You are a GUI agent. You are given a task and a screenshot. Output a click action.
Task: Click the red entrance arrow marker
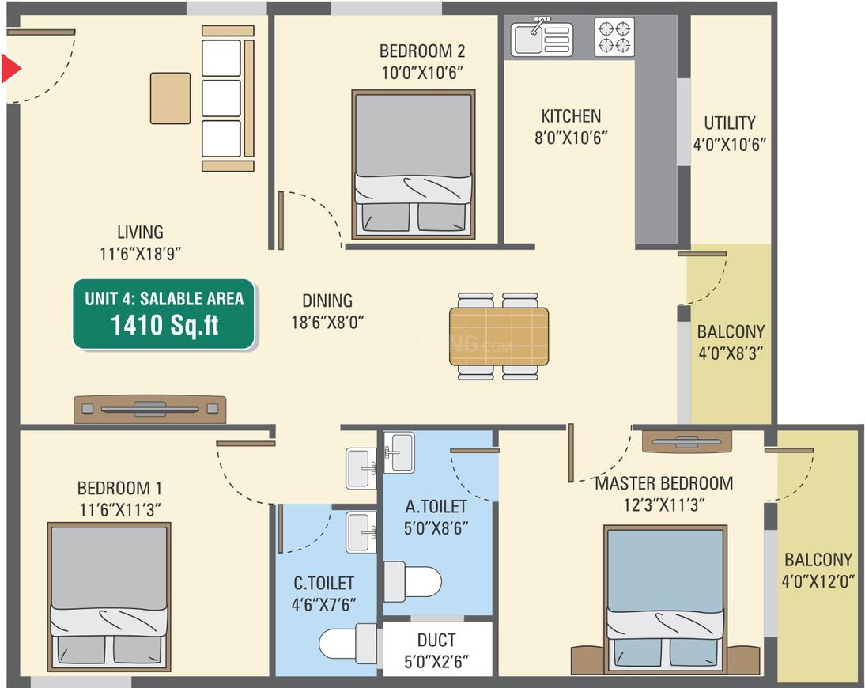tap(10, 69)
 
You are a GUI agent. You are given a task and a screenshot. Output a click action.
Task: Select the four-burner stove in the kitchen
tap(614, 37)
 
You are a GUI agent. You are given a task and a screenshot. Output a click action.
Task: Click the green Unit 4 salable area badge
tap(164, 315)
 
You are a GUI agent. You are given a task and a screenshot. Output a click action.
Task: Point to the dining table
tap(499, 337)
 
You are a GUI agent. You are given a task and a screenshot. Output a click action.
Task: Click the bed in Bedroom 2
tap(414, 164)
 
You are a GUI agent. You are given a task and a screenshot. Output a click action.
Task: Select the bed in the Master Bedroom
tap(665, 598)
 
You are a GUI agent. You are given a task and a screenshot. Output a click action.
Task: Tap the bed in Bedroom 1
tap(109, 597)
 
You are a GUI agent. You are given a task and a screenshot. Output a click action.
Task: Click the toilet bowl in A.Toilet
tap(413, 581)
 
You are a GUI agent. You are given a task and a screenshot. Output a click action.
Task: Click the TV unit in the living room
tap(150, 410)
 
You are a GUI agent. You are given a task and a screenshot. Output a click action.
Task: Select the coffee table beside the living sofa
tap(171, 98)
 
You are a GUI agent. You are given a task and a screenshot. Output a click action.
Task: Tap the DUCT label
tap(436, 640)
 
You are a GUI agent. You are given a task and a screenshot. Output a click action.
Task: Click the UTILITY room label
tap(729, 123)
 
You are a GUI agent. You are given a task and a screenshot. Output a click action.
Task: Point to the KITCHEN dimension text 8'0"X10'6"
tap(571, 138)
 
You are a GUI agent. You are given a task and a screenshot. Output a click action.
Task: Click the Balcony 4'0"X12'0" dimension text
tap(818, 581)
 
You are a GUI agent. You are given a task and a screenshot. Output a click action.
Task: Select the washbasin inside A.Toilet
tap(399, 452)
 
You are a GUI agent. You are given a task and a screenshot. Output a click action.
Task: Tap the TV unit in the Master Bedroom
tap(687, 441)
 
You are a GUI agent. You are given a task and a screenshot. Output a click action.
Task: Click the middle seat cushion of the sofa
tap(221, 98)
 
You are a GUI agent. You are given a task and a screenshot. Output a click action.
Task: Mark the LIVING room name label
tap(140, 232)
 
